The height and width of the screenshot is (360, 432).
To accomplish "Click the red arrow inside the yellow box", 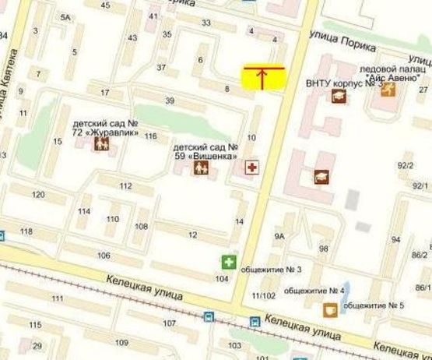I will click(262, 76).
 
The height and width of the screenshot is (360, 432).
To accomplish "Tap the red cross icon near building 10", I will click(251, 168).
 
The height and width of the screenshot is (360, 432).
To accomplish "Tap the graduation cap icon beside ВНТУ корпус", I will click(339, 96).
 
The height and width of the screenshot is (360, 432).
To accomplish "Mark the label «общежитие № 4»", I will click(314, 291).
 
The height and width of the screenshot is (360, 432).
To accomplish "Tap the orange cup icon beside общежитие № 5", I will click(330, 309).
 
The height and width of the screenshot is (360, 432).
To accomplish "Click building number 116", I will click(150, 136).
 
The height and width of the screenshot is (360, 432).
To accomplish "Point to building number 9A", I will click(279, 235).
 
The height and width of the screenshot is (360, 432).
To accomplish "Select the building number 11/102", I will click(265, 295).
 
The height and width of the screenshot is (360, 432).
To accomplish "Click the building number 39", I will click(170, 101).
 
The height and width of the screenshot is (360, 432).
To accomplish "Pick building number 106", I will click(104, 256).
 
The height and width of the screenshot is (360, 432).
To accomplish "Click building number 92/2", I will click(405, 165).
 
